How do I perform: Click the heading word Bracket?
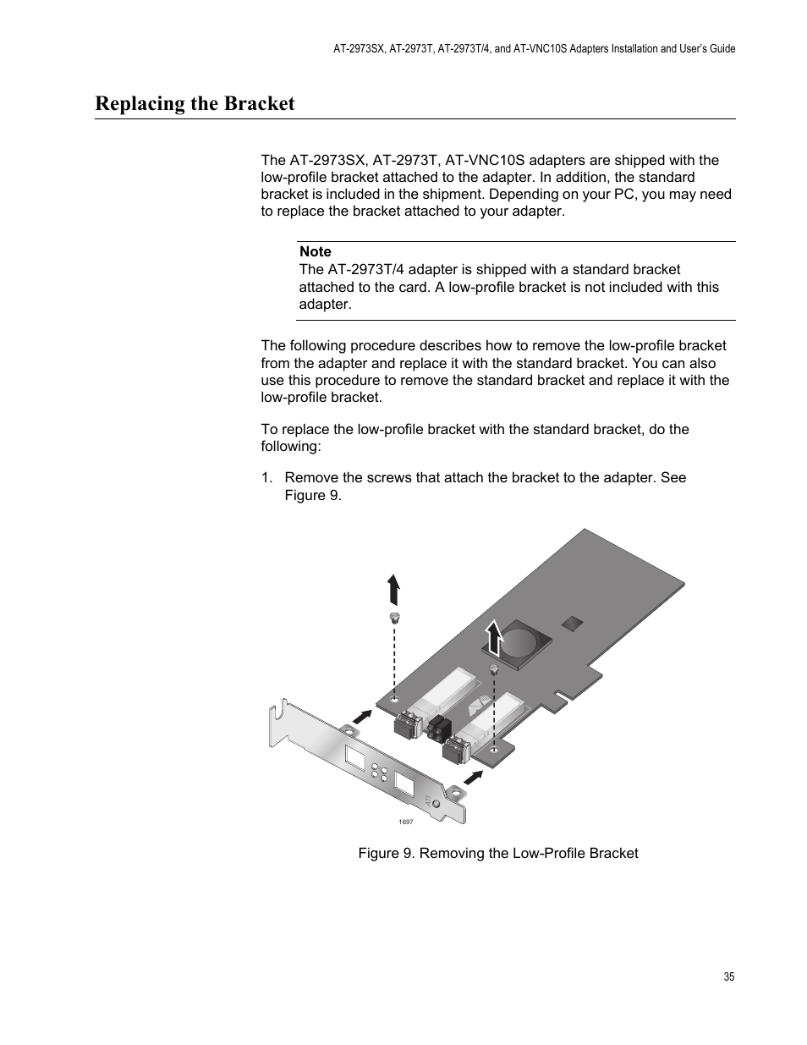(x=258, y=103)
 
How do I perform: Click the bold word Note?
(x=315, y=251)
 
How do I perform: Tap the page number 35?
(x=729, y=976)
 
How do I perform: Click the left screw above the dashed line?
(x=393, y=616)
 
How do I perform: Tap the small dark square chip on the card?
(x=573, y=623)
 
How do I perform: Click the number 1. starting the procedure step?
(x=266, y=477)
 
